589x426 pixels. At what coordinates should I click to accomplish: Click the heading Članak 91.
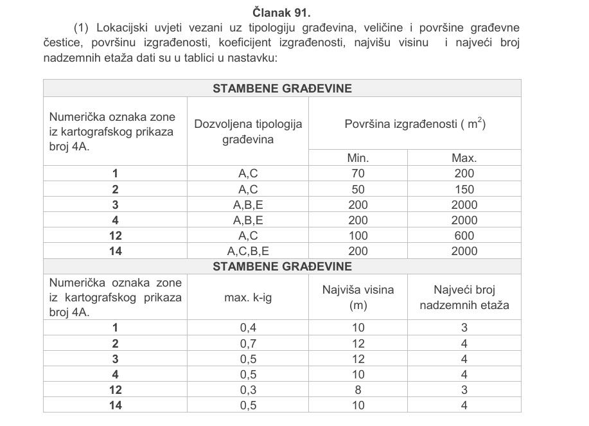tap(282, 12)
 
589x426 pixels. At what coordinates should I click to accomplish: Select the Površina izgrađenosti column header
tap(414, 124)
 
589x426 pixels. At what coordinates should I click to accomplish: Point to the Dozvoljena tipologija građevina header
tap(248, 131)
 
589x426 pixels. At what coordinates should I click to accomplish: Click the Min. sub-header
tap(358, 157)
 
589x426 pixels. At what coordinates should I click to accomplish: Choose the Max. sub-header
tap(464, 157)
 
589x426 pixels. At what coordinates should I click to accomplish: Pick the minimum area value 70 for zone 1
tap(358, 173)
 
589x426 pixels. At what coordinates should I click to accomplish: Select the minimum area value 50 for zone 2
tap(358, 189)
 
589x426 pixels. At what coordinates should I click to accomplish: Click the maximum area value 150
tap(464, 189)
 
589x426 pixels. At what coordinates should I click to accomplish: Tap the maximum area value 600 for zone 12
tap(464, 236)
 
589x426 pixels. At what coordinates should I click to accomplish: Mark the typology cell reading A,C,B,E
tap(248, 251)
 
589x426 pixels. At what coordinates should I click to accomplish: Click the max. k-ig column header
tap(248, 297)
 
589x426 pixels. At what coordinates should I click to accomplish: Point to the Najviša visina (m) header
tap(358, 297)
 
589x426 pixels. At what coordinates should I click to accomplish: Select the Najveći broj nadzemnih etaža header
tap(464, 297)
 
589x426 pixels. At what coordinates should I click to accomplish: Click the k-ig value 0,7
tap(248, 343)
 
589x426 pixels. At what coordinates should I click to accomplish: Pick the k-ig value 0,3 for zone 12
tap(248, 389)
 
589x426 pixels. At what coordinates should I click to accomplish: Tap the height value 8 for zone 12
tap(358, 389)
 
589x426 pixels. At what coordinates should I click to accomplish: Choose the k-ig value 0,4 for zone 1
tap(248, 328)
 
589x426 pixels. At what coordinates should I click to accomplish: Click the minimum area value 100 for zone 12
tap(358, 236)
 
